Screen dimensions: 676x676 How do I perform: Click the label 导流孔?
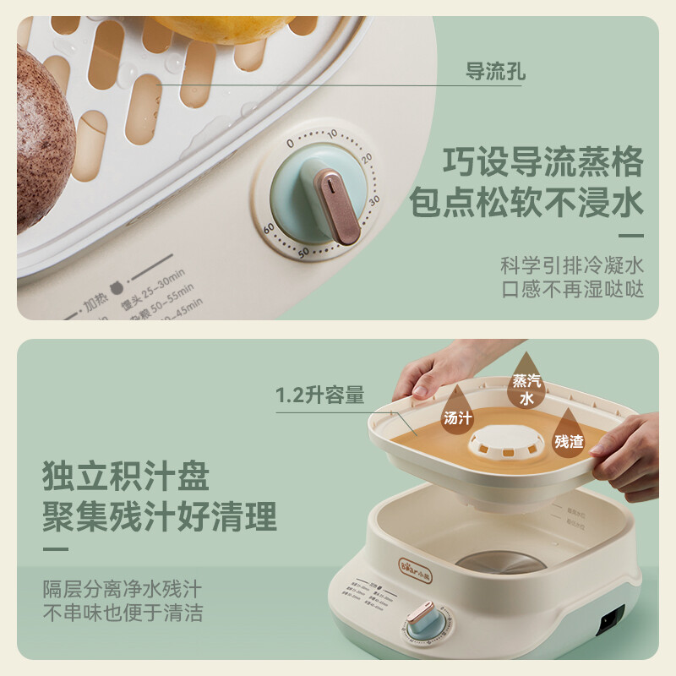(495, 72)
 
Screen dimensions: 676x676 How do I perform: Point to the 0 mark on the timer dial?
(290, 144)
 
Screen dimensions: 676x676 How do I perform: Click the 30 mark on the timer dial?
(374, 199)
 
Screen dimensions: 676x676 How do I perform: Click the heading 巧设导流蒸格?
(543, 161)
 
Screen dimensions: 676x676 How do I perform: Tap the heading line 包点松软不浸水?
(526, 203)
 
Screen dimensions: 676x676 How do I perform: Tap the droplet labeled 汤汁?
(457, 412)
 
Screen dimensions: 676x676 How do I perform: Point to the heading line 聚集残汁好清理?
(160, 516)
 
